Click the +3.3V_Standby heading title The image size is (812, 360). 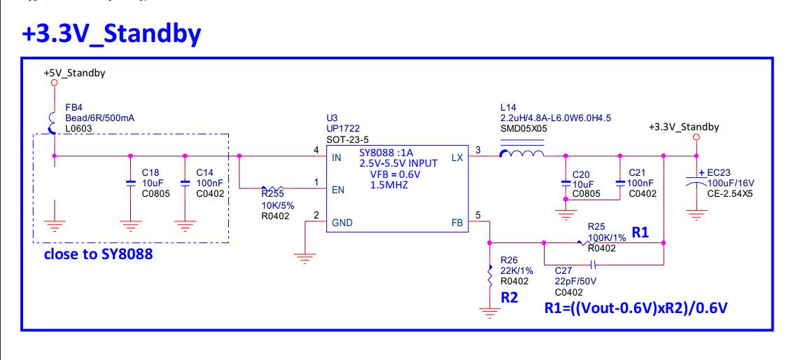[113, 34]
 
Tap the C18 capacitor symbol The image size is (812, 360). [130, 183]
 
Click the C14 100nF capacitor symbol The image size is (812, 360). [185, 183]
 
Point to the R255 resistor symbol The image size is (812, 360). [272, 188]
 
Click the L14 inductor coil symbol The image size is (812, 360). [521, 155]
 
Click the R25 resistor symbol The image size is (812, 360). [582, 243]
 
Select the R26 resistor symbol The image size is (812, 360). [489, 275]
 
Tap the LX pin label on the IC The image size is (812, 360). [457, 158]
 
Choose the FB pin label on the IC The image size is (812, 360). [457, 223]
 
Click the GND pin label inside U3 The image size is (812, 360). [343, 223]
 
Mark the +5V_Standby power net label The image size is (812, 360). [74, 73]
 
